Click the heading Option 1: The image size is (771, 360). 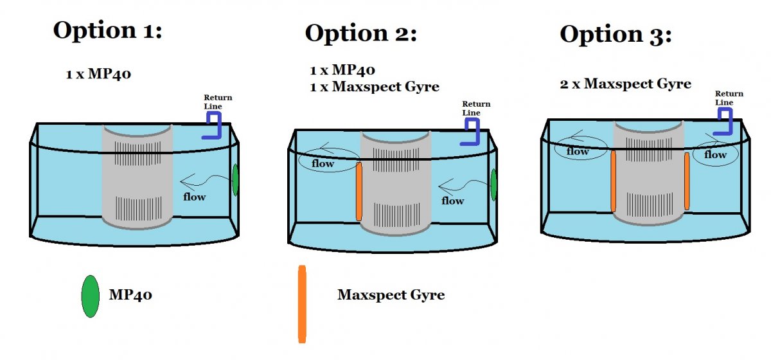pos(107,30)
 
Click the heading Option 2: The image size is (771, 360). pos(360,33)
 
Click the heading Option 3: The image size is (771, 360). pos(616,34)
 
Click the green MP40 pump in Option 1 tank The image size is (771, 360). pos(236,180)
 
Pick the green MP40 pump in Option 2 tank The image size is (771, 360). pos(493,184)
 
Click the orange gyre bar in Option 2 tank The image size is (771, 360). pos(359,192)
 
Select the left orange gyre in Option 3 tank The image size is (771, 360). pos(613,181)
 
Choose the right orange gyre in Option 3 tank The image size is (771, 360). pos(687,181)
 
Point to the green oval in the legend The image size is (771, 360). pos(90,296)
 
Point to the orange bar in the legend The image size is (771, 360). pos(302,303)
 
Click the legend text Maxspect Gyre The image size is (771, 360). pos(391,296)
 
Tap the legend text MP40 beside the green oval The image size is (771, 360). pos(131,296)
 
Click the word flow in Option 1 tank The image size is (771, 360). pos(194,196)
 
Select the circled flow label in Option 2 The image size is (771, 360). pos(323,163)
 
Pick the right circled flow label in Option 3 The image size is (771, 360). pos(715,154)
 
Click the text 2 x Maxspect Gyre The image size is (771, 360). pos(625,84)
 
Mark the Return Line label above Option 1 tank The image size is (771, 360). pos(218,102)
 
